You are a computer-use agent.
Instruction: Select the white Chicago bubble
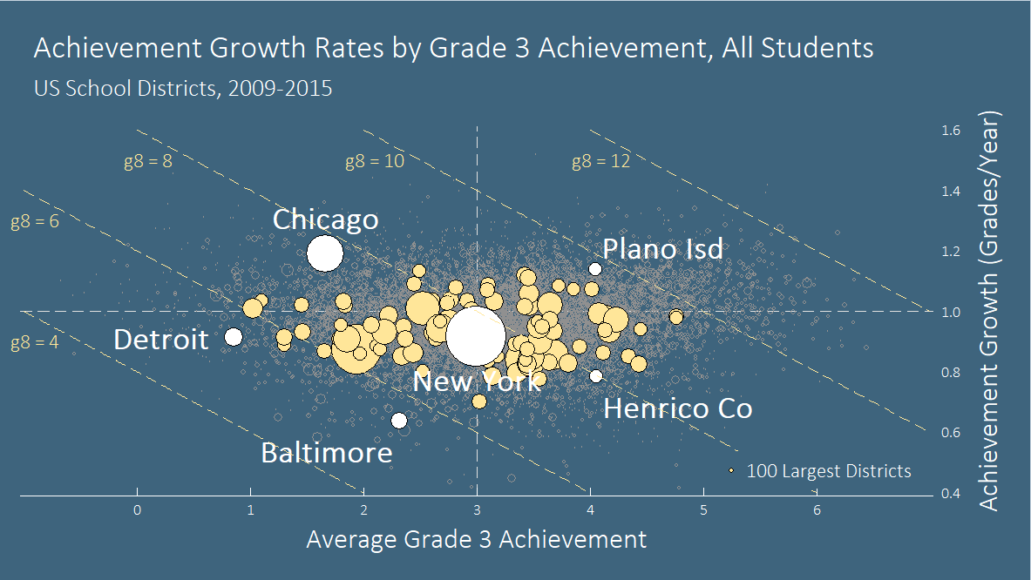tap(325, 253)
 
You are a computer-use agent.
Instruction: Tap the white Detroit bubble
tap(233, 337)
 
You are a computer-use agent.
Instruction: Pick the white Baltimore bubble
tap(399, 421)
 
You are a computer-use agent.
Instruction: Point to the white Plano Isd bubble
tap(595, 269)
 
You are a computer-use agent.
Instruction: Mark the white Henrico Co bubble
tap(596, 376)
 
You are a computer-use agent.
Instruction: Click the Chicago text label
tap(325, 219)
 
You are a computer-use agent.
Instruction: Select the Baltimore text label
tap(327, 453)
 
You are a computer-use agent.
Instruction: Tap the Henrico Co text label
tap(677, 408)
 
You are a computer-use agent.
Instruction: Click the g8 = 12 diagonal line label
tap(600, 161)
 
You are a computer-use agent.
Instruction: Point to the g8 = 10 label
tap(375, 161)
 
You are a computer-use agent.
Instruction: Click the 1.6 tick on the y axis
tap(951, 131)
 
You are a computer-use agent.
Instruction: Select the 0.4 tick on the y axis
tap(951, 494)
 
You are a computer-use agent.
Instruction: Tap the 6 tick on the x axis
tap(817, 509)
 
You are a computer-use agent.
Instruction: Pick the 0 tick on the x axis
tap(137, 509)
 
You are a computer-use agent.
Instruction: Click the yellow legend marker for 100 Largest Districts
tap(732, 471)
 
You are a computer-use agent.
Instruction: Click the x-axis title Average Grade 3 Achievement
tap(476, 539)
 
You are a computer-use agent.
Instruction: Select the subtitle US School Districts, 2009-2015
tap(183, 88)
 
